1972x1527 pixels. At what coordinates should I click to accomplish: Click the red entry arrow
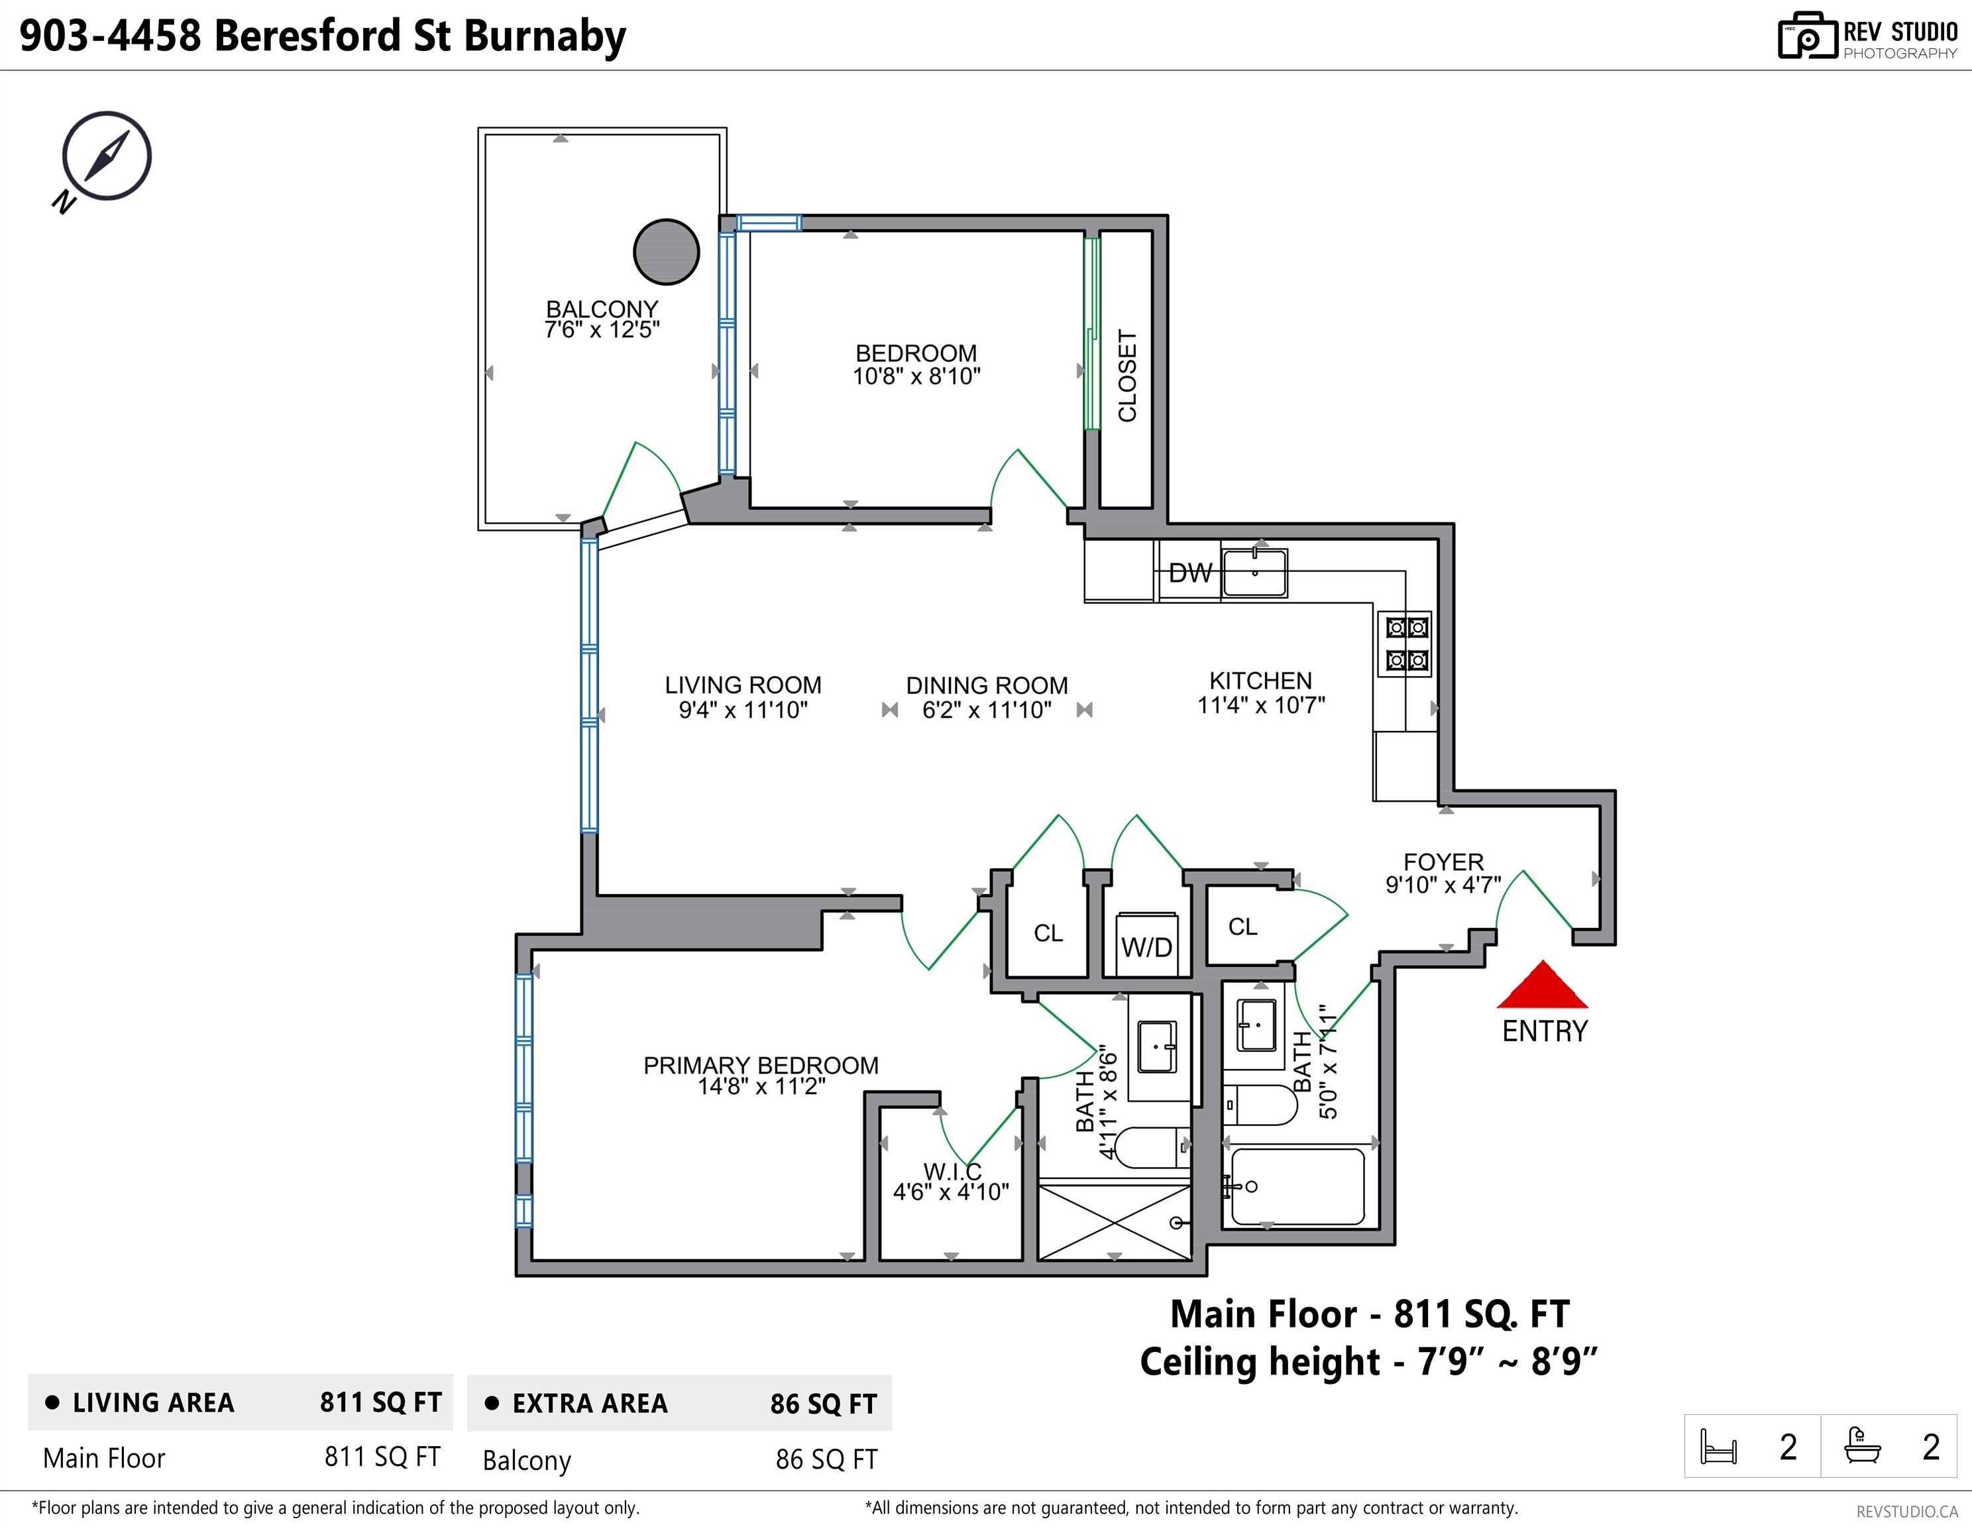[x=1542, y=984]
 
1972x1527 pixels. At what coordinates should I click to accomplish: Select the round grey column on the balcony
[x=667, y=252]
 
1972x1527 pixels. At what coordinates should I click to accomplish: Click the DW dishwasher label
[x=1190, y=573]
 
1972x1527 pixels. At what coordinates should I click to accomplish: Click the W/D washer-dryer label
[x=1147, y=947]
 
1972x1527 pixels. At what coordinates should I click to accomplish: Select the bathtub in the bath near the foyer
[x=1297, y=1186]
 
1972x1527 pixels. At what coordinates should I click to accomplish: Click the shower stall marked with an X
[x=1115, y=1221]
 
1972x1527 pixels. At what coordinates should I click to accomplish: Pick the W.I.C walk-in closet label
[x=952, y=1171]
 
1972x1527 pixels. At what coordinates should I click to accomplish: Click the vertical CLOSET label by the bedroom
[x=1127, y=376]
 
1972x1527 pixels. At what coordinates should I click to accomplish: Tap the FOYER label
[x=1443, y=862]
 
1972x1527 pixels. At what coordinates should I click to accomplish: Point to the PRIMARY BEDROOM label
[x=760, y=1066]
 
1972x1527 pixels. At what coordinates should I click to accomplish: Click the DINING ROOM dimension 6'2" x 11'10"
[x=987, y=710]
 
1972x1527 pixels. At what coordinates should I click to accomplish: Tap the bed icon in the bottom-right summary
[x=1718, y=1445]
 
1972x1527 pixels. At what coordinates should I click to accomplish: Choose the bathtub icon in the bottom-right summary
[x=1863, y=1445]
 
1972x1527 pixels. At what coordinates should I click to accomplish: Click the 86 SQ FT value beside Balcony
[x=826, y=1459]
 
